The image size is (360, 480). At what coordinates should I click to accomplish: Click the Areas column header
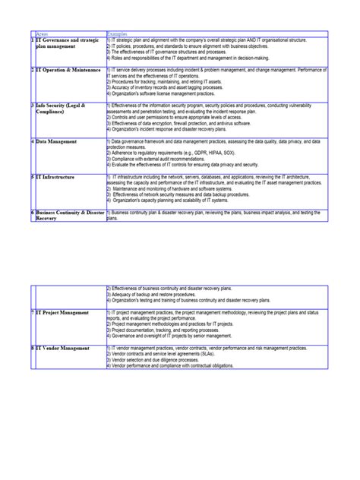43,34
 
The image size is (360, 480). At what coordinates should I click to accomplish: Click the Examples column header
118,34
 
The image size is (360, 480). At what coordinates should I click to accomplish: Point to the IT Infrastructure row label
57,176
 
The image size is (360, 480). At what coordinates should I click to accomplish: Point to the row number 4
33,141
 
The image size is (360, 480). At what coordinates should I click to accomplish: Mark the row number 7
33,312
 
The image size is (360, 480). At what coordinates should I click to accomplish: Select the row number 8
33,347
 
